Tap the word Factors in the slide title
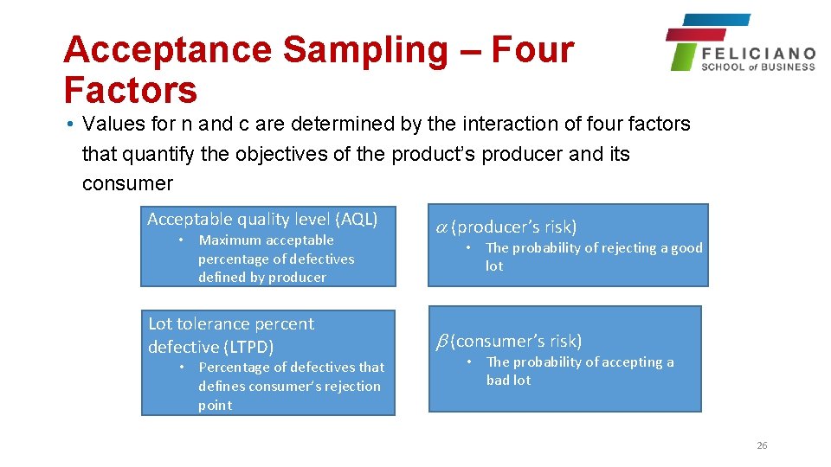(130, 89)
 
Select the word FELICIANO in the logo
(758, 53)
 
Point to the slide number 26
(762, 445)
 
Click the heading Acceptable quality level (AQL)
(262, 219)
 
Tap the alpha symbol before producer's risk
(441, 227)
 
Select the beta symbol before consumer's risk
(440, 341)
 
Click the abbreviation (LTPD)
(248, 347)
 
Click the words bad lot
(508, 380)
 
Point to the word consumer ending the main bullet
(127, 183)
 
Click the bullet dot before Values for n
(68, 125)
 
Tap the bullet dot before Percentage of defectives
(182, 368)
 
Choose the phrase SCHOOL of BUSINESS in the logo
(758, 67)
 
